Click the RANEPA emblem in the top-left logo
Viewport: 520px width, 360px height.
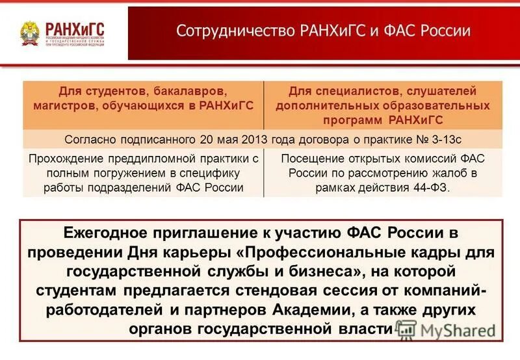29,32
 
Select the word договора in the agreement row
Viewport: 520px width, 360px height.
306,139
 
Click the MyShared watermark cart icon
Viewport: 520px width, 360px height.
407,329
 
